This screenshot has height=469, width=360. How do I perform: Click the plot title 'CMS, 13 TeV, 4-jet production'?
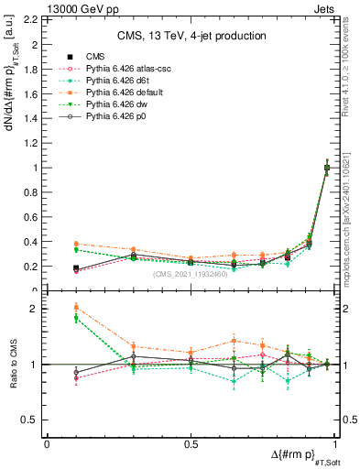(193, 37)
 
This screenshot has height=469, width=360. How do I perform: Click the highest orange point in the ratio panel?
(75, 307)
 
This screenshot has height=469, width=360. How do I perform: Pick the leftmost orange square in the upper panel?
(75, 244)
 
